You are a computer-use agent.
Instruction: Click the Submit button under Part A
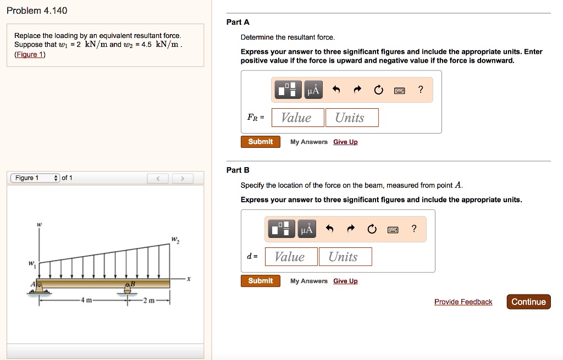260,142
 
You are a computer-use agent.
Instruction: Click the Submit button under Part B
260,281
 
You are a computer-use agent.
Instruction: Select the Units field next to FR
351,118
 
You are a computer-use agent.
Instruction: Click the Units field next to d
345,257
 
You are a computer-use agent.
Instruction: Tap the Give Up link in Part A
345,142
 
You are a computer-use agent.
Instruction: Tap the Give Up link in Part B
345,281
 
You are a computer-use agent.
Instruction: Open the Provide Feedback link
463,302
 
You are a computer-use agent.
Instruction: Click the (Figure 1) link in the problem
30,54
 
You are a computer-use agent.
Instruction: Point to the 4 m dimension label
87,300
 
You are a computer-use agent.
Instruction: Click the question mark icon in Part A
421,90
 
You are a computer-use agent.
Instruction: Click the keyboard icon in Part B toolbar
393,229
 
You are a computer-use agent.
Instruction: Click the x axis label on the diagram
189,279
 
